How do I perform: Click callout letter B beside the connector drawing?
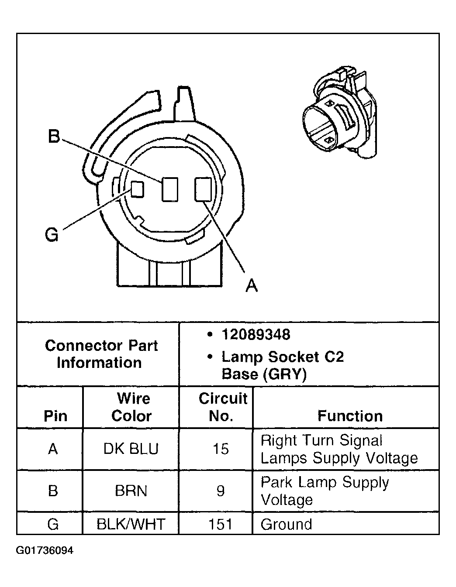(x=53, y=137)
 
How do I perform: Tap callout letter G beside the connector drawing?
(x=52, y=235)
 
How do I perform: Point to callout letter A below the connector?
(x=251, y=285)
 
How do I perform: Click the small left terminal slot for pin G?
(x=138, y=189)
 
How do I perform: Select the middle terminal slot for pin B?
(x=169, y=189)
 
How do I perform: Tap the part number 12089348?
(x=256, y=335)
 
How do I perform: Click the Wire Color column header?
(x=131, y=407)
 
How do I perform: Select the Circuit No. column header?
(x=222, y=407)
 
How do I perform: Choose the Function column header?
(x=350, y=415)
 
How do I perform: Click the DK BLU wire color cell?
(x=131, y=449)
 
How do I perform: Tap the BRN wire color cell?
(x=131, y=491)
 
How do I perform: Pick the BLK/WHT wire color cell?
(x=131, y=524)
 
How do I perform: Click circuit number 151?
(x=221, y=524)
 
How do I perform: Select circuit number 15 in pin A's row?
(x=221, y=449)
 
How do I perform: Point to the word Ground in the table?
(x=286, y=524)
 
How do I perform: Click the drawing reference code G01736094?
(x=45, y=550)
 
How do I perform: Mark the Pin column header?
(x=55, y=415)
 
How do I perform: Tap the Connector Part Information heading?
(x=100, y=354)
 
